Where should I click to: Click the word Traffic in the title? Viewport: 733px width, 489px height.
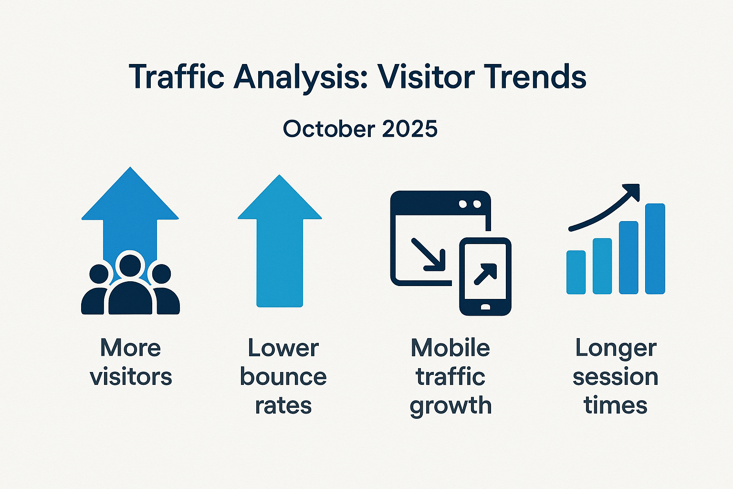(x=177, y=77)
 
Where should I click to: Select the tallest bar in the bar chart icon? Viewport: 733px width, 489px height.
(x=655, y=248)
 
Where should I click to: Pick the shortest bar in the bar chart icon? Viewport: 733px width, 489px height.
(x=576, y=272)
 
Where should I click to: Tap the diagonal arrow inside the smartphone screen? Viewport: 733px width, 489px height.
(x=485, y=273)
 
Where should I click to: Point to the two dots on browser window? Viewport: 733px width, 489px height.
(x=470, y=204)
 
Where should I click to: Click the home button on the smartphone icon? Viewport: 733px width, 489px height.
(x=485, y=307)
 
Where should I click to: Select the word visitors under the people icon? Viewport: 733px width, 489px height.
(x=131, y=377)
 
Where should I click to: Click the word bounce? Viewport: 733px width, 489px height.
(x=283, y=377)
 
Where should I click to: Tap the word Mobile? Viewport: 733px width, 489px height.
(x=450, y=348)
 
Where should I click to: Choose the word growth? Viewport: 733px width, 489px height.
(x=450, y=406)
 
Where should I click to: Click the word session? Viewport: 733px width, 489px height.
(x=615, y=377)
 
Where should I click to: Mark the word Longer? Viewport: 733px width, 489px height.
(x=616, y=349)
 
